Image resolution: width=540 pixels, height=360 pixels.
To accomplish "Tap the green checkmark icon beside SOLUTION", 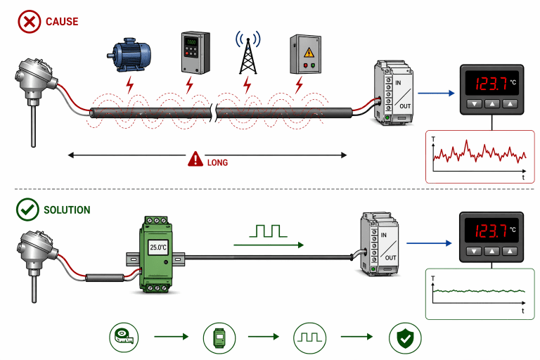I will coord(27,210).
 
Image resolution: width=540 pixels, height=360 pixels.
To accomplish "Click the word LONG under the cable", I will coord(217,162).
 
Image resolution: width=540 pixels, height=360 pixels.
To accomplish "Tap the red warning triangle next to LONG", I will coord(195,161).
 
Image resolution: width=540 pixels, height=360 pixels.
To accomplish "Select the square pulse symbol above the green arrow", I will coord(267,230).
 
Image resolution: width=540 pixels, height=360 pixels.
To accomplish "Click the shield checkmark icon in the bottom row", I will coord(406,337).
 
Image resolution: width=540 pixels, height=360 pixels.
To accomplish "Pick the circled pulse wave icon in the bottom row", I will coord(310,337).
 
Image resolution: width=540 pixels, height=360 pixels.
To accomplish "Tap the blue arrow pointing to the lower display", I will coord(436,244).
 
